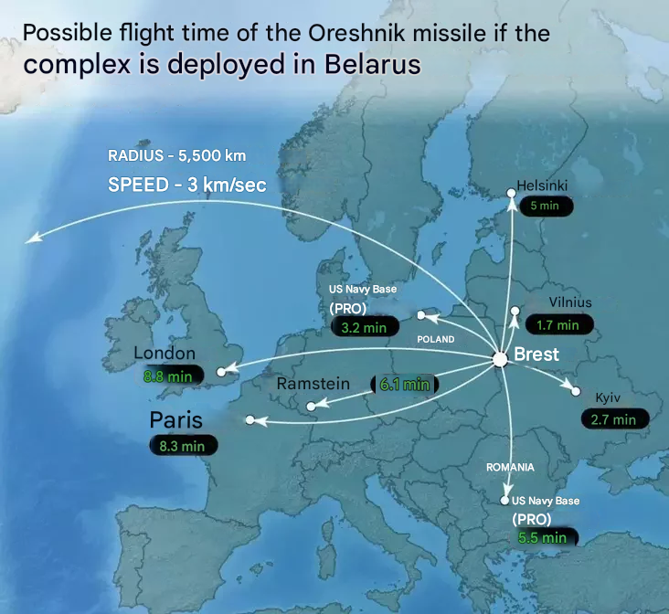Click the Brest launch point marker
(500, 359)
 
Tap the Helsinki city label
(542, 185)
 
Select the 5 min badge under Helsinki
(546, 206)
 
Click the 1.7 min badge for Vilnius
(558, 324)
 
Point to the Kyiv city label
(609, 398)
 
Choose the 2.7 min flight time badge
(613, 419)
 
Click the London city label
(165, 354)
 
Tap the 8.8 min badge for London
(167, 376)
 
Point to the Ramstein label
(313, 384)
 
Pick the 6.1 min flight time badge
(404, 385)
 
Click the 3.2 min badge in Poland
(364, 327)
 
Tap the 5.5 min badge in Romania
(542, 537)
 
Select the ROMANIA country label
(510, 467)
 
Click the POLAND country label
(436, 339)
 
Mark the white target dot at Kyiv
(576, 391)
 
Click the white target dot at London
(221, 372)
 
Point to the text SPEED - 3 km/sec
(186, 184)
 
